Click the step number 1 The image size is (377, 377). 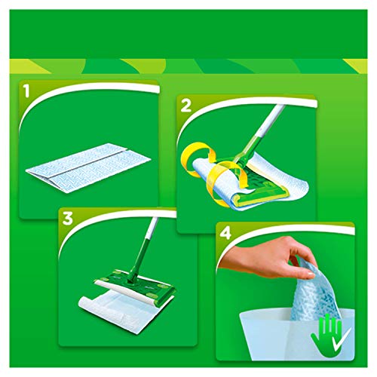[x=28, y=93]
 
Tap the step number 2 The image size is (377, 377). [x=185, y=105]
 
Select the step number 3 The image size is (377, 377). [x=69, y=219]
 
